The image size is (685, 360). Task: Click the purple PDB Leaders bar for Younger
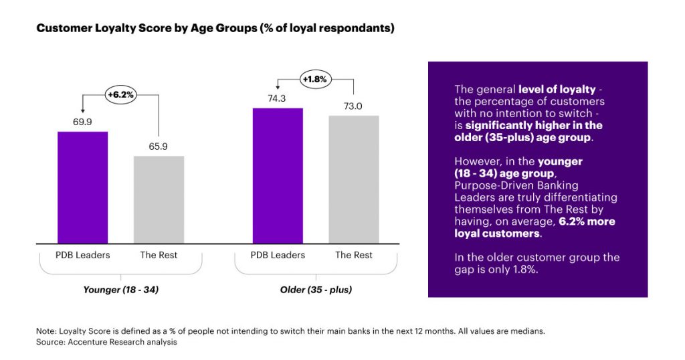click(82, 187)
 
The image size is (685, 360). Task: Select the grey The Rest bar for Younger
click(159, 199)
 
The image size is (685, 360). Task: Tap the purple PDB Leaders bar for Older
click(278, 175)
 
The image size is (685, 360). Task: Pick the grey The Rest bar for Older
click(354, 179)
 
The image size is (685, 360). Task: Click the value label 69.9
click(82, 122)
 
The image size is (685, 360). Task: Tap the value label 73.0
click(354, 106)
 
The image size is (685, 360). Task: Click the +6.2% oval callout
click(120, 95)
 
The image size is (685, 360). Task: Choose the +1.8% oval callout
click(316, 79)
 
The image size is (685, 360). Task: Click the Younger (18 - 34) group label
click(120, 290)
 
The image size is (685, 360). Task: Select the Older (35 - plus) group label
click(316, 290)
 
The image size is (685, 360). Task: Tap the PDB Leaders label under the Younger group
click(82, 255)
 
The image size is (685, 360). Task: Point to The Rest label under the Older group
click(354, 255)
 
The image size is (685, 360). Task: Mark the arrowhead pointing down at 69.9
click(82, 109)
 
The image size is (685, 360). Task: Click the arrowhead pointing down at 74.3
click(278, 85)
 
